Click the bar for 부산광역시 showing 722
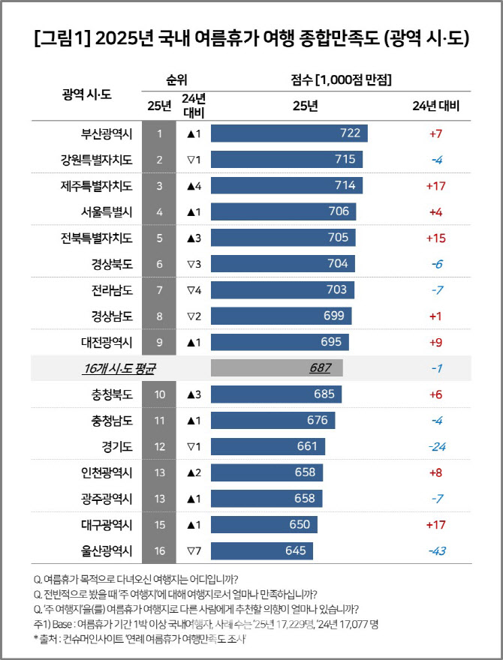pyautogui.click(x=289, y=133)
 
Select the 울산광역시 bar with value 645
pyautogui.click(x=261, y=551)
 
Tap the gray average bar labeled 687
pyautogui.click(x=277, y=368)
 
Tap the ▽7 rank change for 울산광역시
pyautogui.click(x=194, y=551)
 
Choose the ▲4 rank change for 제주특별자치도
pyautogui.click(x=194, y=185)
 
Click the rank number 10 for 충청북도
pyautogui.click(x=159, y=394)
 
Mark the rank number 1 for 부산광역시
pyautogui.click(x=159, y=133)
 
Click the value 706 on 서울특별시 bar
pyautogui.click(x=339, y=211)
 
